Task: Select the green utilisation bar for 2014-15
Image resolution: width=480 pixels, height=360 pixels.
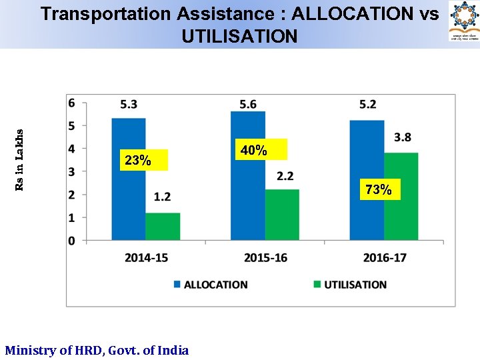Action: tap(163, 226)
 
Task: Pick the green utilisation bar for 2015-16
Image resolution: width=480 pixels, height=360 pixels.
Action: tap(282, 215)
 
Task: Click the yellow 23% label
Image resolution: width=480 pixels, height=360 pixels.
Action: tap(138, 161)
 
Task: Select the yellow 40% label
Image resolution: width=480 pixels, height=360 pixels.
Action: tap(254, 151)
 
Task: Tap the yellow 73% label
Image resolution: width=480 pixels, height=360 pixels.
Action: tap(379, 190)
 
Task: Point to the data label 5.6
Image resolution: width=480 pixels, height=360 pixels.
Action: tap(248, 104)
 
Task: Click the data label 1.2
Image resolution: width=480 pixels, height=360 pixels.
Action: tap(162, 197)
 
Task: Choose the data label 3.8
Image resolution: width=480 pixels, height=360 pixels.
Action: tap(403, 137)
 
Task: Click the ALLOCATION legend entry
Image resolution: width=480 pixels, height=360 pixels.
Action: tap(211, 285)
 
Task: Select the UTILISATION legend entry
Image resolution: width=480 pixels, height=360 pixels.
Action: tap(350, 285)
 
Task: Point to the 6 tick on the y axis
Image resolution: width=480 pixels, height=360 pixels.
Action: tap(72, 103)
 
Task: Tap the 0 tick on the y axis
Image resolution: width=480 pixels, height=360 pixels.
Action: tap(72, 241)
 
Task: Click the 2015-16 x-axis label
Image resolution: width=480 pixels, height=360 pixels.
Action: tap(265, 257)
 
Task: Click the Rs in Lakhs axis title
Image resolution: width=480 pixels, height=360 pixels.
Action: tap(19, 160)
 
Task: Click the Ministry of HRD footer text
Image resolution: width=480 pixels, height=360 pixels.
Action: tap(97, 350)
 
